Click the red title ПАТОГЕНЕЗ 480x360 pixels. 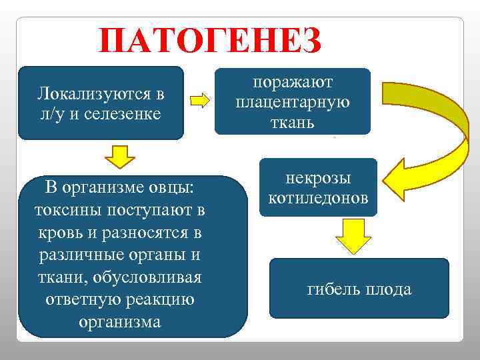209,41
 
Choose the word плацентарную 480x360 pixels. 293,102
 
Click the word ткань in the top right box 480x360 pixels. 293,123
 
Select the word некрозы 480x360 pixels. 318,178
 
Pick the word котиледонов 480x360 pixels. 318,198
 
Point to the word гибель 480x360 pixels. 333,289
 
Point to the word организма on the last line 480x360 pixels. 119,321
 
